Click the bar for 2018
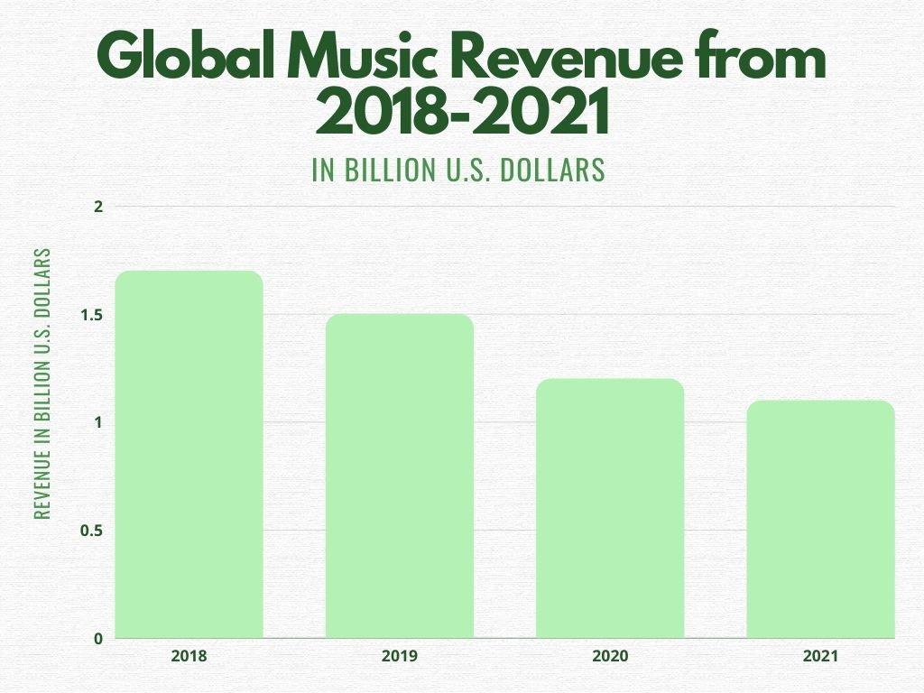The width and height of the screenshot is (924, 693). pyautogui.click(x=189, y=455)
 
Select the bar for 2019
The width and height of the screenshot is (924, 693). pyautogui.click(x=399, y=476)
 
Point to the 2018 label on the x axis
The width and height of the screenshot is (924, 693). pyautogui.click(x=189, y=657)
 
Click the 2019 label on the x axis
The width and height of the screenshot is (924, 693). pyautogui.click(x=399, y=657)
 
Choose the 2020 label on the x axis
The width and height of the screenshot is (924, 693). pyautogui.click(x=610, y=657)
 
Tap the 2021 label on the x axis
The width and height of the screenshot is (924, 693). pyautogui.click(x=820, y=657)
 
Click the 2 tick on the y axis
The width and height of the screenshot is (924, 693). pyautogui.click(x=99, y=207)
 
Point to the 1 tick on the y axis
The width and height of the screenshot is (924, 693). pyautogui.click(x=99, y=422)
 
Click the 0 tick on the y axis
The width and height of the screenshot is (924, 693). pyautogui.click(x=99, y=639)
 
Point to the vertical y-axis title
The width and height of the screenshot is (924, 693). pyautogui.click(x=42, y=383)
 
